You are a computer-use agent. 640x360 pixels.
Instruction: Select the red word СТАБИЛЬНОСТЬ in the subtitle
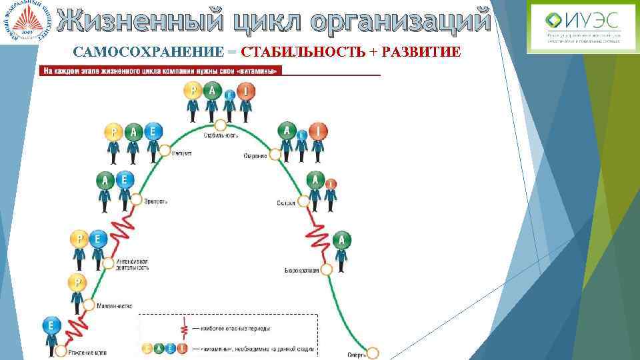tap(303, 53)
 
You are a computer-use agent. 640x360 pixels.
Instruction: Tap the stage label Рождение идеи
tap(88, 351)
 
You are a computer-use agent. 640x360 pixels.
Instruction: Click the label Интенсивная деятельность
tap(132, 264)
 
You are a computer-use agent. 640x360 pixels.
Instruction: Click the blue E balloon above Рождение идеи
tap(51, 326)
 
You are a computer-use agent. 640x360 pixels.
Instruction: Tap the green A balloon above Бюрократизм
tap(342, 240)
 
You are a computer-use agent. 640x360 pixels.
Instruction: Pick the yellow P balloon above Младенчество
tap(78, 283)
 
